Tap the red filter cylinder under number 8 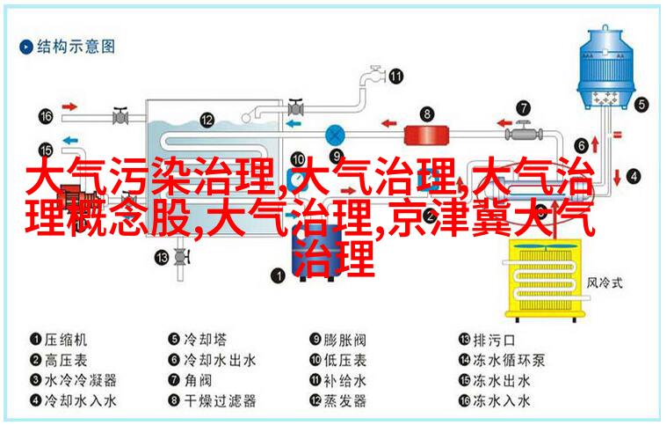(x=426, y=135)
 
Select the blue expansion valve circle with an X (x=335, y=136)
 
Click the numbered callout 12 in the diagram (x=207, y=120)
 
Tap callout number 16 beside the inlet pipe (x=46, y=116)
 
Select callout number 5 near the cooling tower (x=642, y=105)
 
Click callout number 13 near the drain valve (x=162, y=257)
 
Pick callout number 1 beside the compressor (x=278, y=275)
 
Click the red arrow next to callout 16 (x=69, y=106)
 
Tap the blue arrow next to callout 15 (x=70, y=140)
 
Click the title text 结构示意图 (x=76, y=47)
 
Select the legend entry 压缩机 (x=66, y=340)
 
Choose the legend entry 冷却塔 (x=205, y=340)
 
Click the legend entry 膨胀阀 (x=345, y=340)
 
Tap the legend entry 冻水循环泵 (x=509, y=360)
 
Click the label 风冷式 (x=605, y=282)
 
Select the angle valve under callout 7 (x=524, y=133)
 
